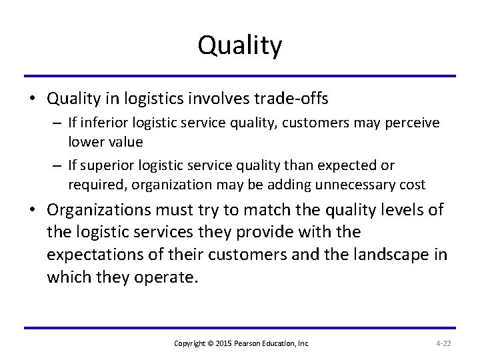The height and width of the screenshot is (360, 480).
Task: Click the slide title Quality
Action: click(x=240, y=45)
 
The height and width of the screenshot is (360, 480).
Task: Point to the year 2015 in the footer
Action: click(x=222, y=343)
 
